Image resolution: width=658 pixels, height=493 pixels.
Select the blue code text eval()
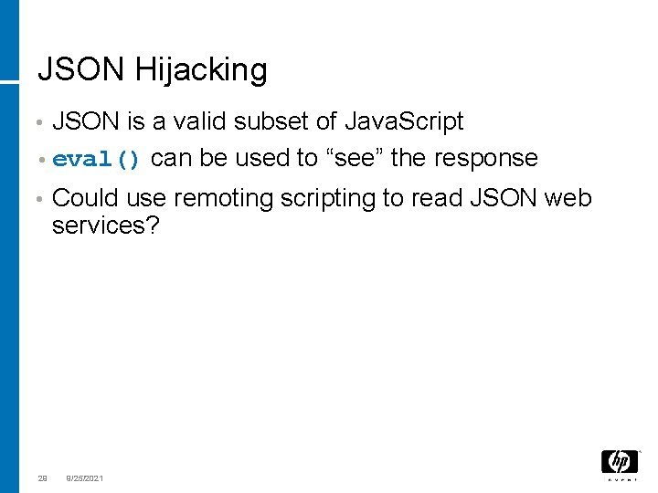click(97, 160)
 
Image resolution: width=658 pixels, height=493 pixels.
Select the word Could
click(85, 198)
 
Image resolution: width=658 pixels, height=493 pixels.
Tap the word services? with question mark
click(105, 226)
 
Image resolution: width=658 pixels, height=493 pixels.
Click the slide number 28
click(42, 477)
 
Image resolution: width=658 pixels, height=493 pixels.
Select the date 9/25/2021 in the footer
click(84, 477)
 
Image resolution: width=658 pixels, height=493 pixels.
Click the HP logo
click(618, 463)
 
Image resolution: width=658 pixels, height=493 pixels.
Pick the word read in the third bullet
click(440, 198)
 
